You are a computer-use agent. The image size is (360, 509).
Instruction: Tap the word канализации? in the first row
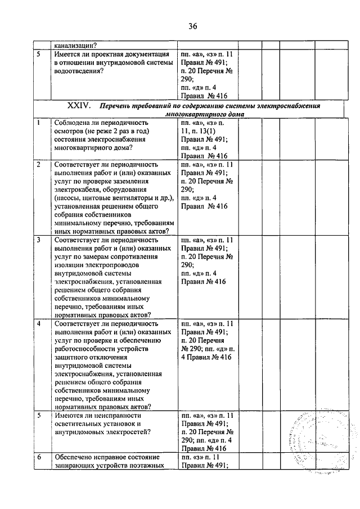click(x=75, y=46)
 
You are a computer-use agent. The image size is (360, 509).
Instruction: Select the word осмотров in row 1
click(x=69, y=130)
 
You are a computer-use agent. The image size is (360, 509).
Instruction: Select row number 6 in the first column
click(x=38, y=457)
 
